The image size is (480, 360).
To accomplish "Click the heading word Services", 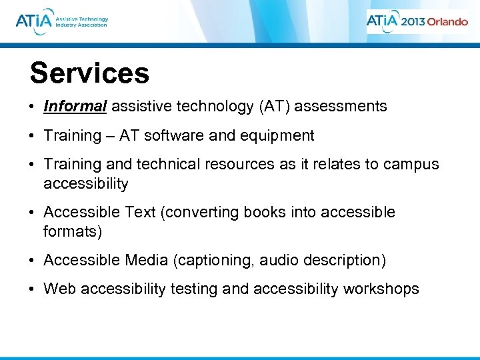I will click(x=89, y=73).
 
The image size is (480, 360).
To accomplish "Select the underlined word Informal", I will click(x=75, y=106).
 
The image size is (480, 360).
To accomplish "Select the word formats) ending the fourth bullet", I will click(x=73, y=231).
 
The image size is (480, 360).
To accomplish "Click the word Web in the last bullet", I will click(x=57, y=289).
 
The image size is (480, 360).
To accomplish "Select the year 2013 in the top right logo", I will click(x=412, y=21).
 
